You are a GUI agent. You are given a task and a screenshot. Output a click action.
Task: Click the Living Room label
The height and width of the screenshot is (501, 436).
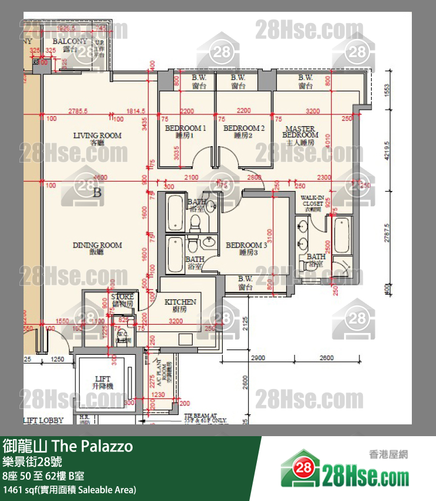pyautogui.click(x=97, y=139)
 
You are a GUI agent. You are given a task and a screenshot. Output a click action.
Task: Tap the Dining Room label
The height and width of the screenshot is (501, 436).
pyautogui.click(x=97, y=248)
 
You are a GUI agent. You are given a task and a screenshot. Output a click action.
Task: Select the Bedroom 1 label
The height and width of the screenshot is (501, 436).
pyautogui.click(x=185, y=131)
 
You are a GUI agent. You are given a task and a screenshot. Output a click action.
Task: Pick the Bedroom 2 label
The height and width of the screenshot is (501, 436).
pyautogui.click(x=243, y=131)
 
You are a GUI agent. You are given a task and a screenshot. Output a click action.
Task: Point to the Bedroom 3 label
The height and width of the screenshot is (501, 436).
pyautogui.click(x=246, y=248)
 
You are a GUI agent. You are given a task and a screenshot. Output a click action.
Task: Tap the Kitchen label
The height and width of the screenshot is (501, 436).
pyautogui.click(x=180, y=305)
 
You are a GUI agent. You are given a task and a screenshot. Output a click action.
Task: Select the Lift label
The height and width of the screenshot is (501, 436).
pyautogui.click(x=103, y=382)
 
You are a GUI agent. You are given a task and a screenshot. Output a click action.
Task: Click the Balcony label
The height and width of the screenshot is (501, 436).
pyautogui.click(x=70, y=45)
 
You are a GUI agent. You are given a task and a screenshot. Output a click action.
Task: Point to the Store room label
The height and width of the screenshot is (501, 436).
pyautogui.click(x=122, y=300)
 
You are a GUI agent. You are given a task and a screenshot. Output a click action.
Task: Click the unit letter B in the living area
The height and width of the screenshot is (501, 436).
pyautogui.click(x=97, y=192)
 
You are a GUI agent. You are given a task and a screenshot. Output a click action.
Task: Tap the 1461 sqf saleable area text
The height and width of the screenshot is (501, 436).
pyautogui.click(x=70, y=490)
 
